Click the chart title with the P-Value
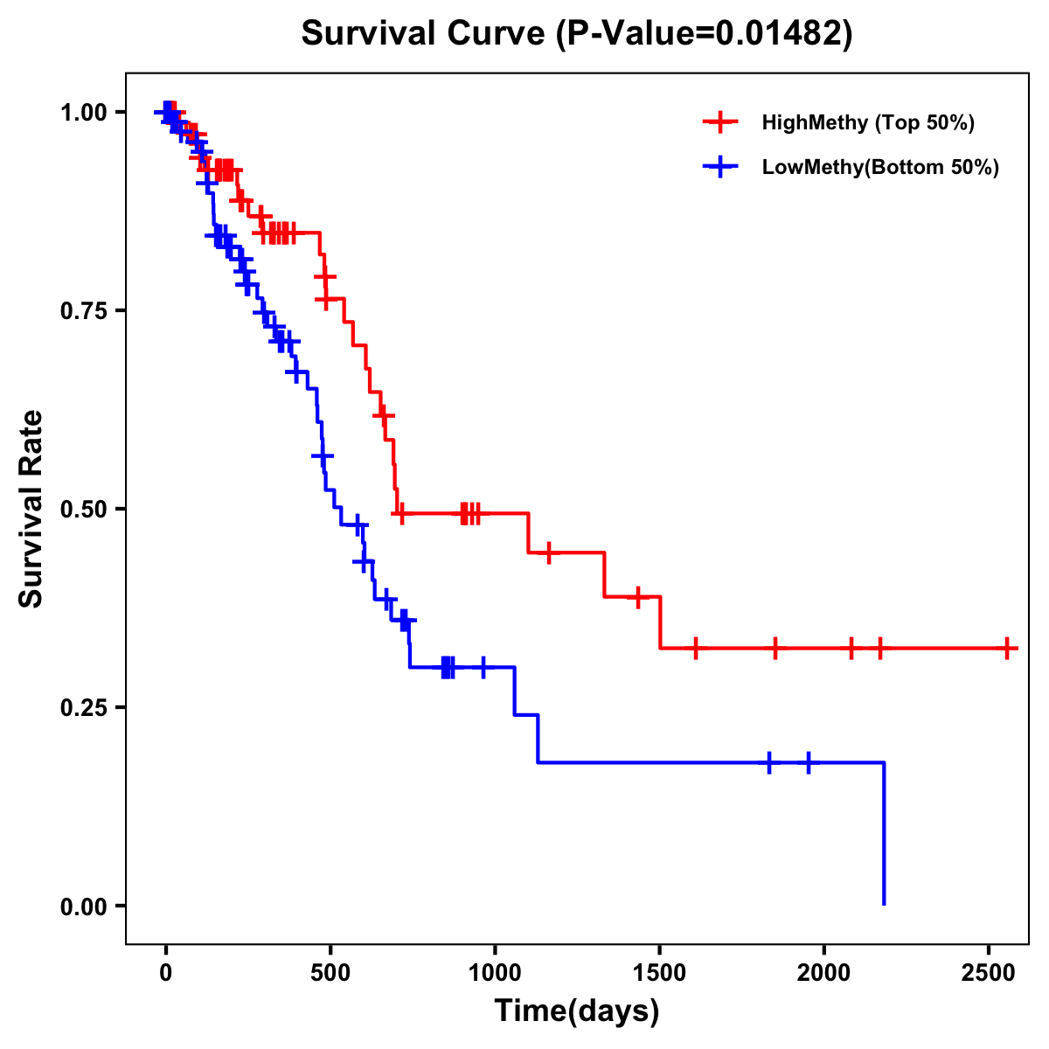click(576, 33)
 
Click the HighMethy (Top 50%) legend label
click(868, 122)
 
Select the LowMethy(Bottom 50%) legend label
click(880, 168)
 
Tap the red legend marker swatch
click(720, 122)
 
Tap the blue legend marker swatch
click(720, 168)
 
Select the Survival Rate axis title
click(31, 508)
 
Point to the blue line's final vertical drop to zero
click(884, 835)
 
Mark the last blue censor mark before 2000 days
click(808, 762)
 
